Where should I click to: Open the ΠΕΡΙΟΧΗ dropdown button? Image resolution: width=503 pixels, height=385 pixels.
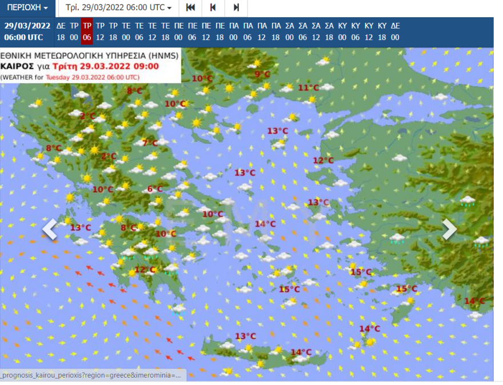coord(27,8)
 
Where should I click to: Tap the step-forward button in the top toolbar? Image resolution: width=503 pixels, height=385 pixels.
coord(235,8)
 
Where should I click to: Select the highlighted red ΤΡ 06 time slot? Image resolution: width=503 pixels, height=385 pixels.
coord(87,31)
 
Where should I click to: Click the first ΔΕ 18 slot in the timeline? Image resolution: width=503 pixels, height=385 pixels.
coord(61,31)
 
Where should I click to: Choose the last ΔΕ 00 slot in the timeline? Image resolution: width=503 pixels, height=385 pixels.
coord(395,31)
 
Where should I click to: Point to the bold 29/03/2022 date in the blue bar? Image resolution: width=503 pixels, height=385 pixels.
coord(27,25)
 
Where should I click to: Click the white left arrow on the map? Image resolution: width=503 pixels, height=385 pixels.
coord(50,229)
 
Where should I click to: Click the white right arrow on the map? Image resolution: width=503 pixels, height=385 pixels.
coord(450,229)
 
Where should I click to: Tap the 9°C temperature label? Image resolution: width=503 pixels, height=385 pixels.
coord(262,74)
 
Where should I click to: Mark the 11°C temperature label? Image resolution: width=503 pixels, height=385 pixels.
coord(308,87)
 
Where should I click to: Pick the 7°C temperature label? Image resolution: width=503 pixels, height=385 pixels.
coord(150,143)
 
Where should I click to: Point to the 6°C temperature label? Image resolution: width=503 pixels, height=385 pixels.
coord(155,189)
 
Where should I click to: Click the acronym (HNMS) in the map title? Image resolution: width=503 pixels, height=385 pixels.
coord(163,56)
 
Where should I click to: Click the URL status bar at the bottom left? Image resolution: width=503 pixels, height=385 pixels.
coord(91,375)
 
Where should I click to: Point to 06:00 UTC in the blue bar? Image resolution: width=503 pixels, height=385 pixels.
coord(23,37)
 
